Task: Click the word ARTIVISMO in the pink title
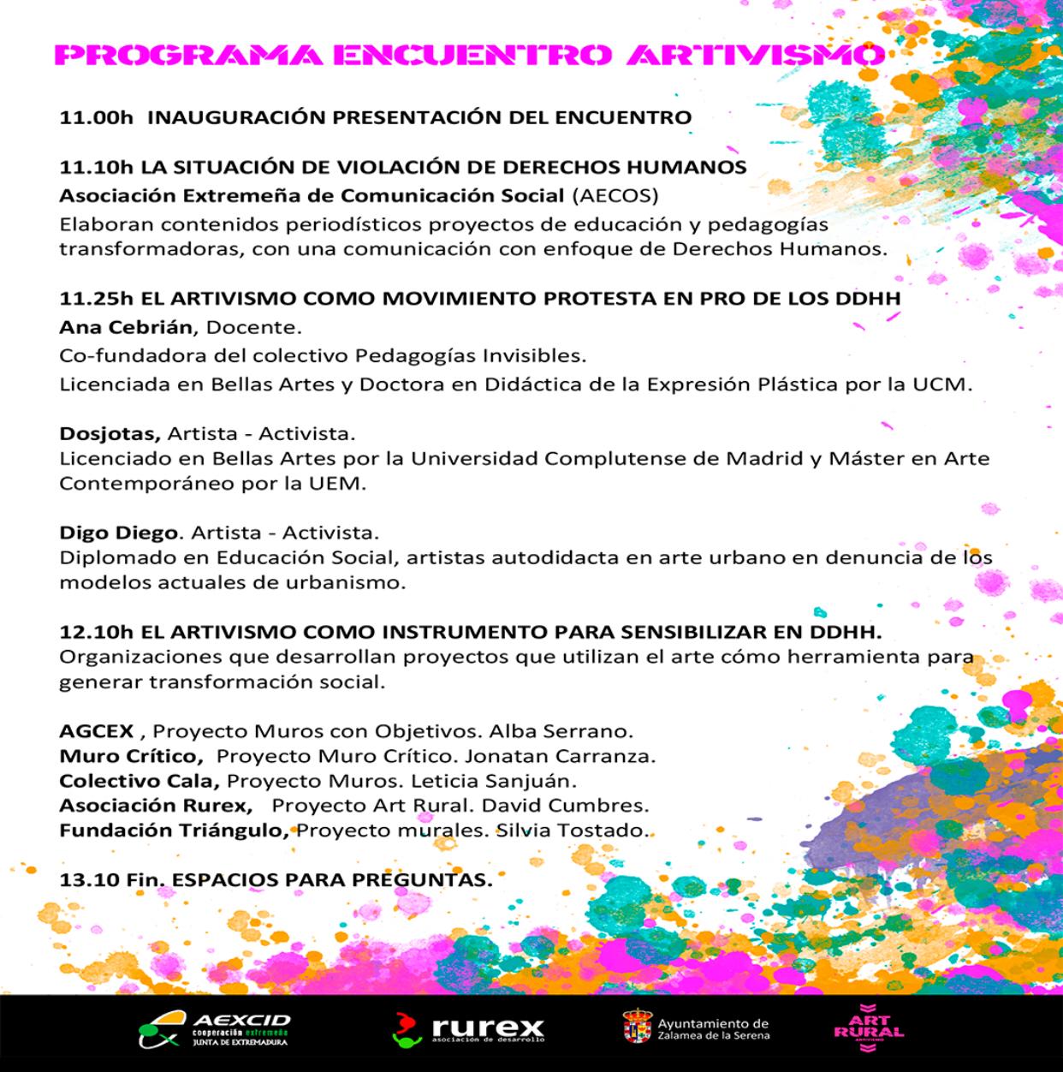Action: [753, 56]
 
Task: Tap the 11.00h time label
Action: [97, 117]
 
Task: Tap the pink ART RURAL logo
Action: [868, 1027]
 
